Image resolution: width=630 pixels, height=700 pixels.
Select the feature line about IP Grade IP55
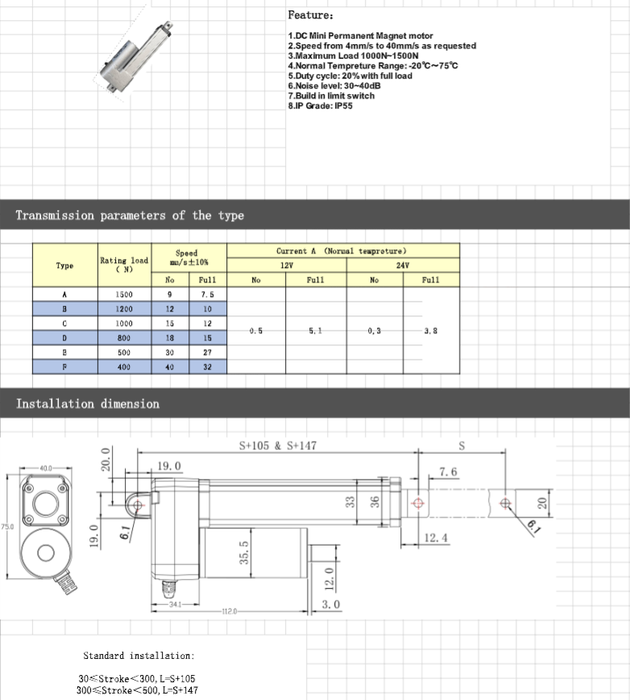pos(320,105)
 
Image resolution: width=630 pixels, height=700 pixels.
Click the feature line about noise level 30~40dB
pos(334,85)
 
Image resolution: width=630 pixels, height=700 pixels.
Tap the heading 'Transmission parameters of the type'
pos(130,216)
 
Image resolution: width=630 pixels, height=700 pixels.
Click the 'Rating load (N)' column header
pos(124,265)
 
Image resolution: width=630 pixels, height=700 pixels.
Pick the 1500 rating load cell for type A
pos(124,294)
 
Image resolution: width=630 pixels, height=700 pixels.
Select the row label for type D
pos(65,338)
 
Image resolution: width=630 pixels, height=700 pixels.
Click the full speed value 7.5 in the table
pos(207,294)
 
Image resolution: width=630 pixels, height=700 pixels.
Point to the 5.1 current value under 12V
pos(316,331)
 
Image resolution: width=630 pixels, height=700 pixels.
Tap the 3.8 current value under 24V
pos(431,331)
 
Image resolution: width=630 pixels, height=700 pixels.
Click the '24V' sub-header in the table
pos(402,265)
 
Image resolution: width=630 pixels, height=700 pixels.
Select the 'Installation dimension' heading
pos(88,404)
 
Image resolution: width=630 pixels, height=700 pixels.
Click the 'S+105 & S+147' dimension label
pos(278,445)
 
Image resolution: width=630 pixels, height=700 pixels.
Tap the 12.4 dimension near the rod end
pos(435,537)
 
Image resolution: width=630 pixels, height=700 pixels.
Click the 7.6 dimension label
pos(449,471)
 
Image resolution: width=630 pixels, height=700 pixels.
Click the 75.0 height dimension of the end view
pos(6,526)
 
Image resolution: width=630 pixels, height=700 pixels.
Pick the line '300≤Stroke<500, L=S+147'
pos(137,690)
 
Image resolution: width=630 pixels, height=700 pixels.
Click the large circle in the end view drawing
pos(44,552)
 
